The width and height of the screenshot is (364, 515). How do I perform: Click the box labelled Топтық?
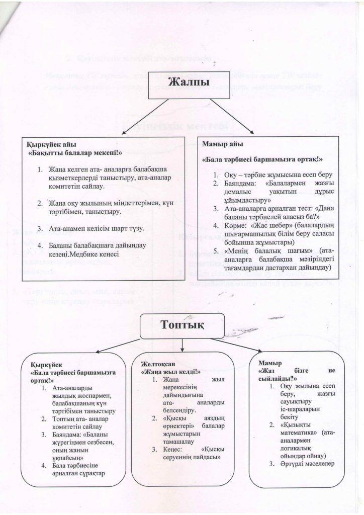182,324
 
